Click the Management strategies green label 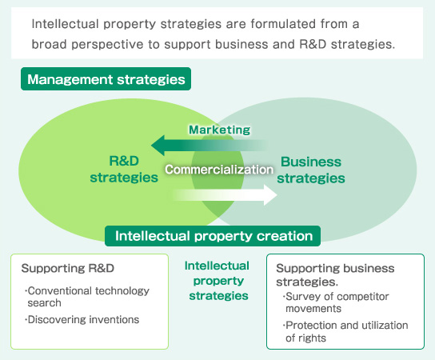[106, 79]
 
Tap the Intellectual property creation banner [213, 236]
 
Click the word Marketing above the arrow [219, 130]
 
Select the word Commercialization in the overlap [219, 170]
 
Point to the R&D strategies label [124, 170]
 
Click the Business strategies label [311, 170]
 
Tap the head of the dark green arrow [158, 145]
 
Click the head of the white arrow [270, 195]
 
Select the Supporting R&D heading [68, 268]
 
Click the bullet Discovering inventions [82, 319]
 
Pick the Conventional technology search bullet [87, 297]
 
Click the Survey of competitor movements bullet [336, 302]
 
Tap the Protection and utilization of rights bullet [345, 331]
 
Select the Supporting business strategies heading [335, 274]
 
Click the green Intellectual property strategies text [217, 281]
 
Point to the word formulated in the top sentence [284, 24]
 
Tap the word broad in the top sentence [49, 44]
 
